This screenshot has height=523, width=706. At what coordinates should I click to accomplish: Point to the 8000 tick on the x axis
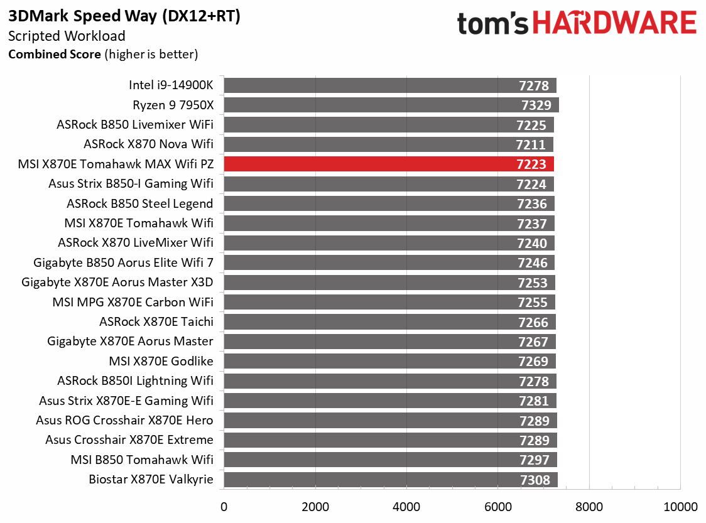(x=589, y=507)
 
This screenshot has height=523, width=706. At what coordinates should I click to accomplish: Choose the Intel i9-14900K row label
(x=171, y=85)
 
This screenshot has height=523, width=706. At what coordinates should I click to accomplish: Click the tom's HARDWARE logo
(x=577, y=24)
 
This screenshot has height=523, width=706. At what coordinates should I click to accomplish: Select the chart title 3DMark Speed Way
(x=124, y=17)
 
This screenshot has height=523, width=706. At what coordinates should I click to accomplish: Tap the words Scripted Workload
(x=67, y=36)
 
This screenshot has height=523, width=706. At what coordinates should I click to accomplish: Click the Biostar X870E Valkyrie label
(x=151, y=480)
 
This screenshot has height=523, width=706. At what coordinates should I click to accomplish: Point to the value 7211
(x=531, y=145)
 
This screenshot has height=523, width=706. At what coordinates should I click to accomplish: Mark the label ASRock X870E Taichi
(x=156, y=321)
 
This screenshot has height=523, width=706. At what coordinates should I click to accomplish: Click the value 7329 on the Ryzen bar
(x=536, y=105)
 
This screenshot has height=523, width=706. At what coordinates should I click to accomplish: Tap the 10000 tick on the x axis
(x=681, y=507)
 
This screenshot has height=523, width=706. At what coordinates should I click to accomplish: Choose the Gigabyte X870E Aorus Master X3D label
(x=117, y=282)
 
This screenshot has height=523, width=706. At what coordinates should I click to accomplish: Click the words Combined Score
(x=54, y=55)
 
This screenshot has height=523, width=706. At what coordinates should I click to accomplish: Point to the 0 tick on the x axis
(x=224, y=507)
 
